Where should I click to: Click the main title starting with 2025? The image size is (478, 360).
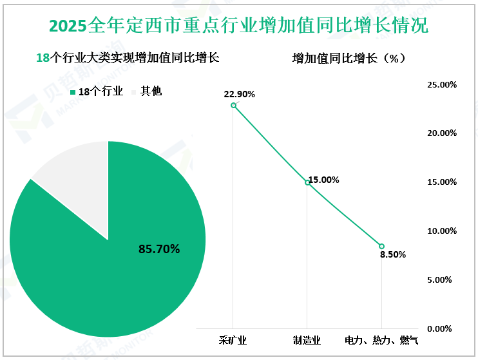point(238,26)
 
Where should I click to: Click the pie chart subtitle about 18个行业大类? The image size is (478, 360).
point(128,58)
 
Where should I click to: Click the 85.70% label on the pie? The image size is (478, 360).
point(159,248)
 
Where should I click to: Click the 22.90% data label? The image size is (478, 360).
point(239,94)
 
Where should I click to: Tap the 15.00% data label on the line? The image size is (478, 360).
point(323,180)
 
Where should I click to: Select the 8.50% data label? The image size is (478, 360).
point(392,254)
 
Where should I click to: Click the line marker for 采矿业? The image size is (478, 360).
point(233,105)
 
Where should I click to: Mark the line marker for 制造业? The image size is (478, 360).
point(307,182)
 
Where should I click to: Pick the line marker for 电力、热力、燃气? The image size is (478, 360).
point(381,246)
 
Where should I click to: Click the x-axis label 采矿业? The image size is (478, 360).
point(233,339)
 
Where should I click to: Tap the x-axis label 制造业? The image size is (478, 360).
point(307,339)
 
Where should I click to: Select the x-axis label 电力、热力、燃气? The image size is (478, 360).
point(381,339)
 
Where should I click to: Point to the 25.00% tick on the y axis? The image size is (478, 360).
point(442,84)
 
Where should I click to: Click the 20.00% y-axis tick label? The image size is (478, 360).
point(442,133)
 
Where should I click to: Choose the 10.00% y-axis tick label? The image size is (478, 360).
point(442,231)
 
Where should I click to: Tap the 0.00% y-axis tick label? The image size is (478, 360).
point(444,328)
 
